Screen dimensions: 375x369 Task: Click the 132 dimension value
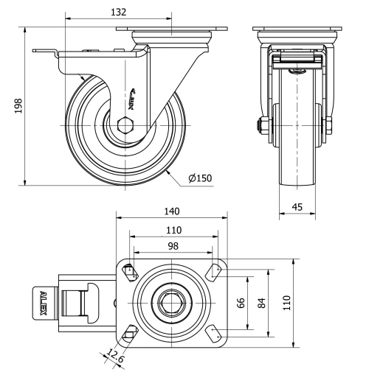coord(118,11)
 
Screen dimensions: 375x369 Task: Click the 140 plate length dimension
coord(172,210)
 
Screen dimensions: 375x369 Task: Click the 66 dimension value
coord(240,303)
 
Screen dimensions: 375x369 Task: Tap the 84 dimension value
coord(261,303)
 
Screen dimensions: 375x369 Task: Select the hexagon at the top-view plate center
coord(172,303)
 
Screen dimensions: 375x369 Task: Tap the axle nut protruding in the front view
coord(261,127)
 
